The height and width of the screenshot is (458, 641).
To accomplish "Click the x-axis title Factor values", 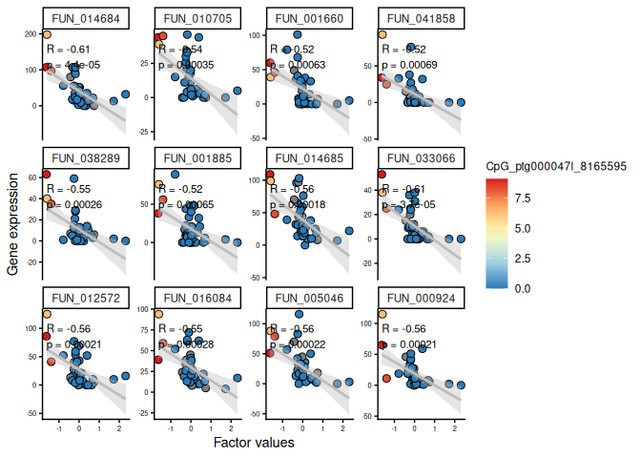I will [253, 444].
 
